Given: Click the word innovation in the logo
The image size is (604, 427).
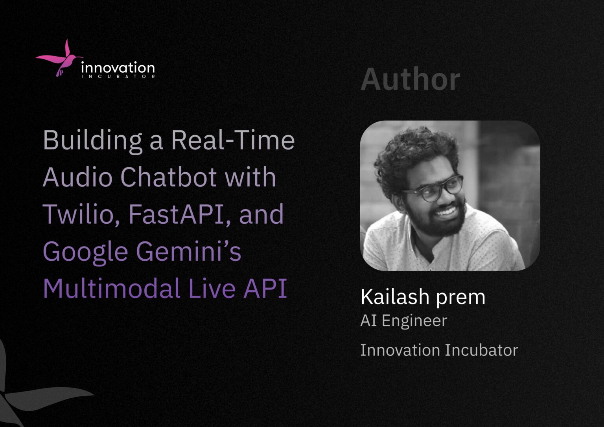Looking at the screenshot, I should (x=118, y=68).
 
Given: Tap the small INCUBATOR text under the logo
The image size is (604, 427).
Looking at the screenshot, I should (x=118, y=76).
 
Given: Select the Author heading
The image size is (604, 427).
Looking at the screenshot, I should (x=410, y=80).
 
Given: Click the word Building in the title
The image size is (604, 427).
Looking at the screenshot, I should (x=92, y=140).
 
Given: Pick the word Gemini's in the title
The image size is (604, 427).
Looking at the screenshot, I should (x=188, y=251).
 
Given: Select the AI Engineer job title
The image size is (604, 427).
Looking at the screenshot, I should (x=403, y=321).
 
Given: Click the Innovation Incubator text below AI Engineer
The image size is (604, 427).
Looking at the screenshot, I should (x=439, y=350).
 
